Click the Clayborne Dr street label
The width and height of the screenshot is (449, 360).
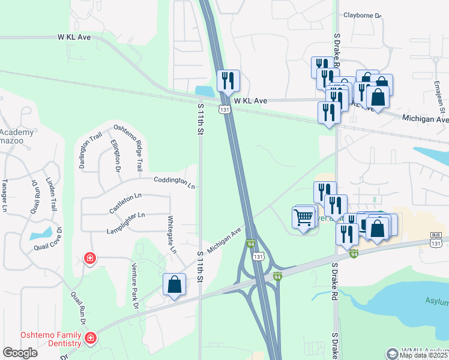363,16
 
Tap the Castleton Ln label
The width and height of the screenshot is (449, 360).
125,202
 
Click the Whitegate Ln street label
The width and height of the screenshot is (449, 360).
172,234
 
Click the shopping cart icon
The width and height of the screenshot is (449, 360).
304,217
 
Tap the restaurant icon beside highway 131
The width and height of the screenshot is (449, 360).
228,81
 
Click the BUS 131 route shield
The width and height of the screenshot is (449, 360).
436,239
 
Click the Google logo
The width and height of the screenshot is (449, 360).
20,353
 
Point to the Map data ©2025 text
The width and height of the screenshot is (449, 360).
424,355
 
